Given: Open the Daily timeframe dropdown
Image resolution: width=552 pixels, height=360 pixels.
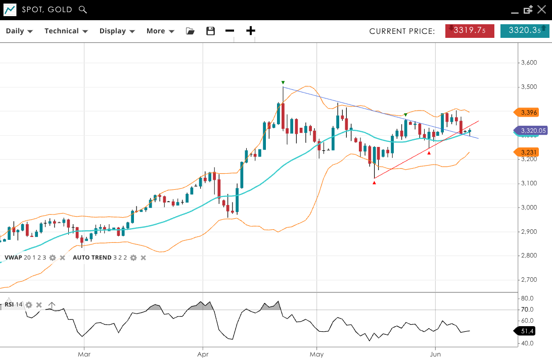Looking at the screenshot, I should (x=19, y=31).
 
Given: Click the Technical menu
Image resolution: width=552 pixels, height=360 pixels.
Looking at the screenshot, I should (x=66, y=31).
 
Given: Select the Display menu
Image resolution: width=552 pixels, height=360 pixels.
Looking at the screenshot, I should (x=117, y=31).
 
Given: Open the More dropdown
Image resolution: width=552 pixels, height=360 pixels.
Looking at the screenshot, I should (x=160, y=31).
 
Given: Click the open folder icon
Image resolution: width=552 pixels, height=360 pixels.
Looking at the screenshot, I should (x=190, y=31).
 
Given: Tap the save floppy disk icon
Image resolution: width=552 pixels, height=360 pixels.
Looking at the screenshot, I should (x=211, y=31).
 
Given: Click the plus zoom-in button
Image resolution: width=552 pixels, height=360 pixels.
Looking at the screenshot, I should (x=251, y=31).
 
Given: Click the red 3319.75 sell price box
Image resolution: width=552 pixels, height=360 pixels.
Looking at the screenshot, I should (x=470, y=31).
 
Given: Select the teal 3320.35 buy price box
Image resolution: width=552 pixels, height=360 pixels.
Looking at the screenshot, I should (x=525, y=31).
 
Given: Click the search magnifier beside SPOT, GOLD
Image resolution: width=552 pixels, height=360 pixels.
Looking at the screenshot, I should (x=83, y=10).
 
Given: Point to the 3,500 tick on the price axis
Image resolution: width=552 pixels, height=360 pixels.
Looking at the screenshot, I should (x=529, y=87).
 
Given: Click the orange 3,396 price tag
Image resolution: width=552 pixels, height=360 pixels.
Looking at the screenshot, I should (x=528, y=112).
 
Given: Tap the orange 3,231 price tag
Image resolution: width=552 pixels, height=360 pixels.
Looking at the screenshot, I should (x=528, y=152).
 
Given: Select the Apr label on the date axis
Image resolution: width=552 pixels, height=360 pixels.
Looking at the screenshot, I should (x=203, y=354).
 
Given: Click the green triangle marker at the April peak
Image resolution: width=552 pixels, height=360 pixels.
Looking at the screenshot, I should (x=283, y=82).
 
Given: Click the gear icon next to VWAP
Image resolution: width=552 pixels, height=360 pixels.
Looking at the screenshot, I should (x=52, y=258).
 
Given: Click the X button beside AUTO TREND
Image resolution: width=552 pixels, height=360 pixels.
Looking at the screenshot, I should (x=143, y=258).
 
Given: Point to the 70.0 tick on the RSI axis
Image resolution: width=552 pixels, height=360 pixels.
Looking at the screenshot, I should (x=528, y=310).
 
